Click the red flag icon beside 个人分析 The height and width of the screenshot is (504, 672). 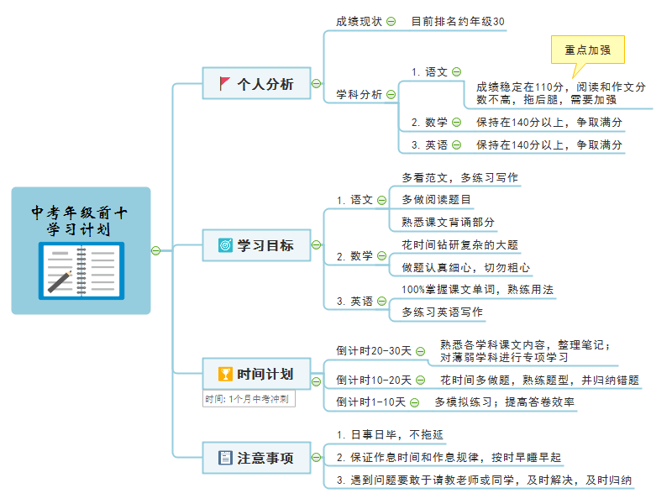tap(224, 83)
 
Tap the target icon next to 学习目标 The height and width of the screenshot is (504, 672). tap(225, 245)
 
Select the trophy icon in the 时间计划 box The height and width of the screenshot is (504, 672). tap(225, 374)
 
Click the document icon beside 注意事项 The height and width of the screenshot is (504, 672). tap(225, 458)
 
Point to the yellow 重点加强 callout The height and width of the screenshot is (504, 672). tap(587, 50)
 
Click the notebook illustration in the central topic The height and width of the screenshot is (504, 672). tap(81, 270)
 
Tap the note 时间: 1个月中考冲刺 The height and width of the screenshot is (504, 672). tap(249, 399)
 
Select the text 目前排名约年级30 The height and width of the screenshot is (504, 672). tap(458, 22)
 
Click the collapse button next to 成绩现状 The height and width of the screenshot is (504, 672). tap(391, 22)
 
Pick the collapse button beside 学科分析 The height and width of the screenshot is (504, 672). tap(391, 94)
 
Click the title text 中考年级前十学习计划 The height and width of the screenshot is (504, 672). tap(79, 221)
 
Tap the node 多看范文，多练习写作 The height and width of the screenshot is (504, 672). tap(459, 178)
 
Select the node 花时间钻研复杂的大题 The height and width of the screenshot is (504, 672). tap(459, 245)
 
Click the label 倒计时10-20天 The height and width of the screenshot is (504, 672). tap(374, 381)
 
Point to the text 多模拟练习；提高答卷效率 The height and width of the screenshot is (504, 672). tap(505, 402)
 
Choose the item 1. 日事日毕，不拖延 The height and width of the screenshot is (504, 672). tap(390, 435)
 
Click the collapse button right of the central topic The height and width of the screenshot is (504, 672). tap(156, 250)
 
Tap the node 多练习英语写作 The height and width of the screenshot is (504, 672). tap(443, 312)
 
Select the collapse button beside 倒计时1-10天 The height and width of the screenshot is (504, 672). tap(414, 402)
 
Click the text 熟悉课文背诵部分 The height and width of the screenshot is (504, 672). tap(448, 222)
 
